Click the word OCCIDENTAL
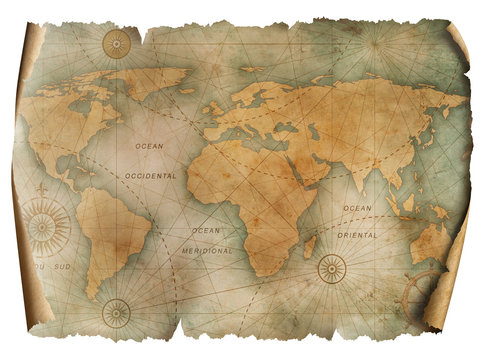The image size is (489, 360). [152, 175]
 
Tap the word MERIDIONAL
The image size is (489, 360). [208, 251]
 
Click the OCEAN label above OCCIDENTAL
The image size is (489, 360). [148, 147]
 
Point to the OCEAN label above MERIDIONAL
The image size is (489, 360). [206, 231]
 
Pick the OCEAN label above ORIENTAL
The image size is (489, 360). [357, 208]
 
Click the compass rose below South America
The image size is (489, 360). [117, 313]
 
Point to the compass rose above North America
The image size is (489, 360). [118, 44]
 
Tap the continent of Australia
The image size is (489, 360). [432, 243]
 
